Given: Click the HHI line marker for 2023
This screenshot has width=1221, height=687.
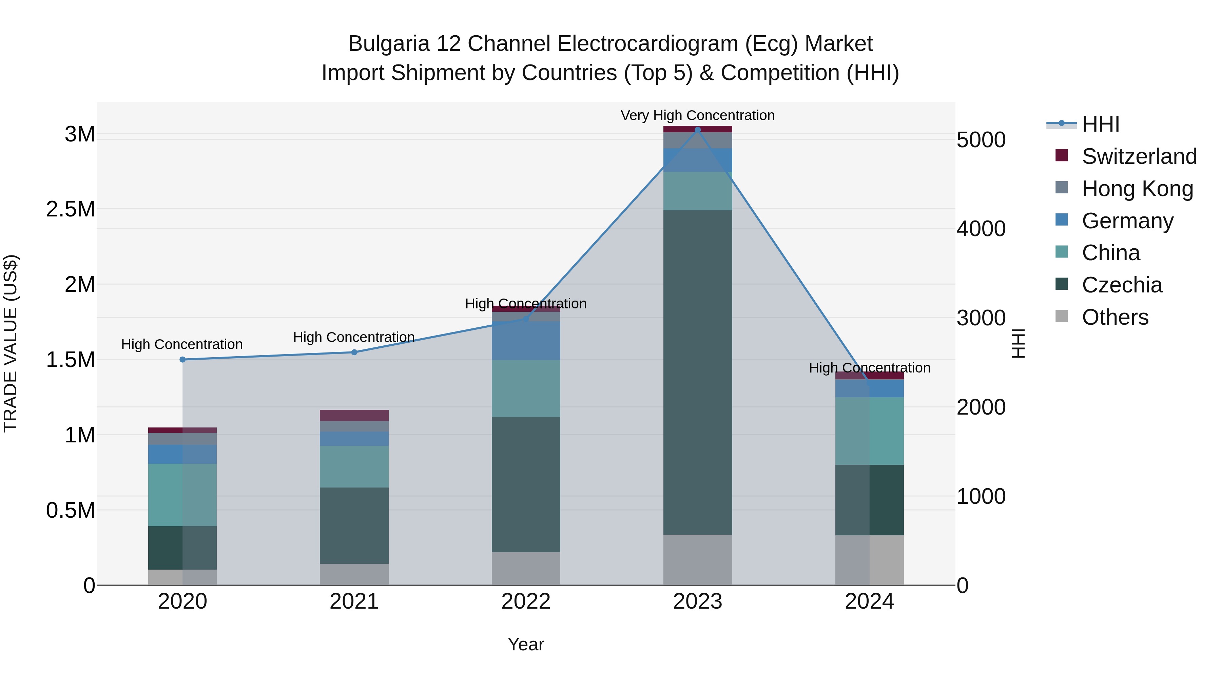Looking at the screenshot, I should click(697, 130).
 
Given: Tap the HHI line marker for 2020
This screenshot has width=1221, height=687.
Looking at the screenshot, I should click(182, 359).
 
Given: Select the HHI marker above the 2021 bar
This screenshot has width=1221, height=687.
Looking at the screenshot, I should click(354, 352).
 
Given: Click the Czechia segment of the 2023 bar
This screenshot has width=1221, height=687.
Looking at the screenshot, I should click(697, 372).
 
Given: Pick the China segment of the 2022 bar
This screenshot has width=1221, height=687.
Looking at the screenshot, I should click(526, 388).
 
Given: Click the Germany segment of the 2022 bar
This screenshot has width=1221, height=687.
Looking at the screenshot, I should click(526, 340).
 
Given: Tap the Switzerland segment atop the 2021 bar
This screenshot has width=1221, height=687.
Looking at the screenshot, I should click(354, 415).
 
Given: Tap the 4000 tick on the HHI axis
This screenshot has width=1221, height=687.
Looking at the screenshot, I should click(981, 229).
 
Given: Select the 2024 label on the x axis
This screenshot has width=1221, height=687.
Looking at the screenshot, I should click(869, 602).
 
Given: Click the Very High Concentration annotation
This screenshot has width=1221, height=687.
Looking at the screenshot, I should click(697, 115).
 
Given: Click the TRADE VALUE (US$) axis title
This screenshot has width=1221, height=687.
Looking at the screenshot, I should click(11, 343).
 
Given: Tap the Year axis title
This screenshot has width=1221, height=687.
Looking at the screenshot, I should click(526, 644).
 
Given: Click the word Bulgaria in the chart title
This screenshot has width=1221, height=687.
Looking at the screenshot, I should click(389, 44).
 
